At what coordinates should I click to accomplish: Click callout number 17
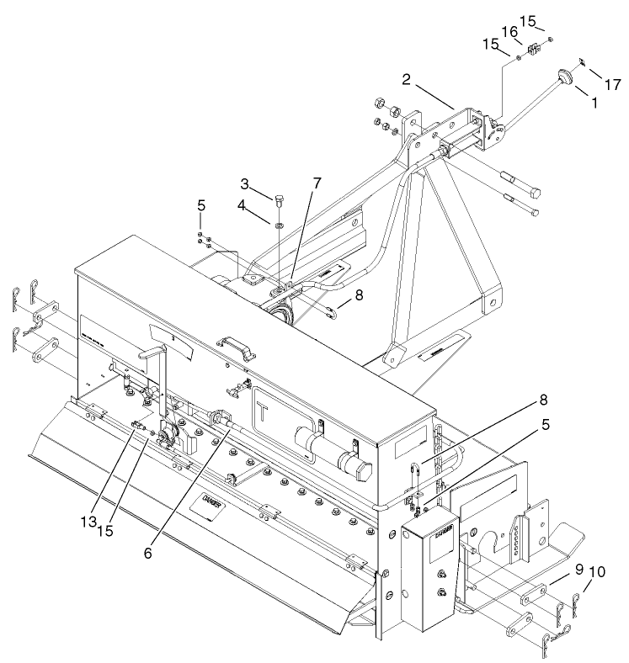pyautogui.click(x=612, y=84)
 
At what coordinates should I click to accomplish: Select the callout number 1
pyautogui.click(x=594, y=102)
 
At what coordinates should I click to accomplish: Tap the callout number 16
pyautogui.click(x=510, y=32)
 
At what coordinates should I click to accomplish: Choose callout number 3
pyautogui.click(x=244, y=183)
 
